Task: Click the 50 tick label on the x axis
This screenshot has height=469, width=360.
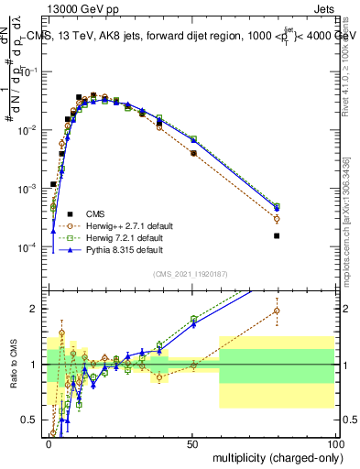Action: pos(192,442)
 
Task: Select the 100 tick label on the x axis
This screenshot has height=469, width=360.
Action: pos(333,442)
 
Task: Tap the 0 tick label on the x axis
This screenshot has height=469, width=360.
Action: pos(49,442)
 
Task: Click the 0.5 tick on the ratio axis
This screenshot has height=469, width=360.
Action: pos(32,420)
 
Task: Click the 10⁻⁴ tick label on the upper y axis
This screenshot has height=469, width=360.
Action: pos(30,248)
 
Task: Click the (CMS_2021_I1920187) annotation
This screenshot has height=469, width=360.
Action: pos(191,274)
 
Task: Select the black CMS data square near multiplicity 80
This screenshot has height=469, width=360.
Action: pos(277,235)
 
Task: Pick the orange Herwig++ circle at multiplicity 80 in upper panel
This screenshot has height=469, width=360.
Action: pos(277,219)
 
